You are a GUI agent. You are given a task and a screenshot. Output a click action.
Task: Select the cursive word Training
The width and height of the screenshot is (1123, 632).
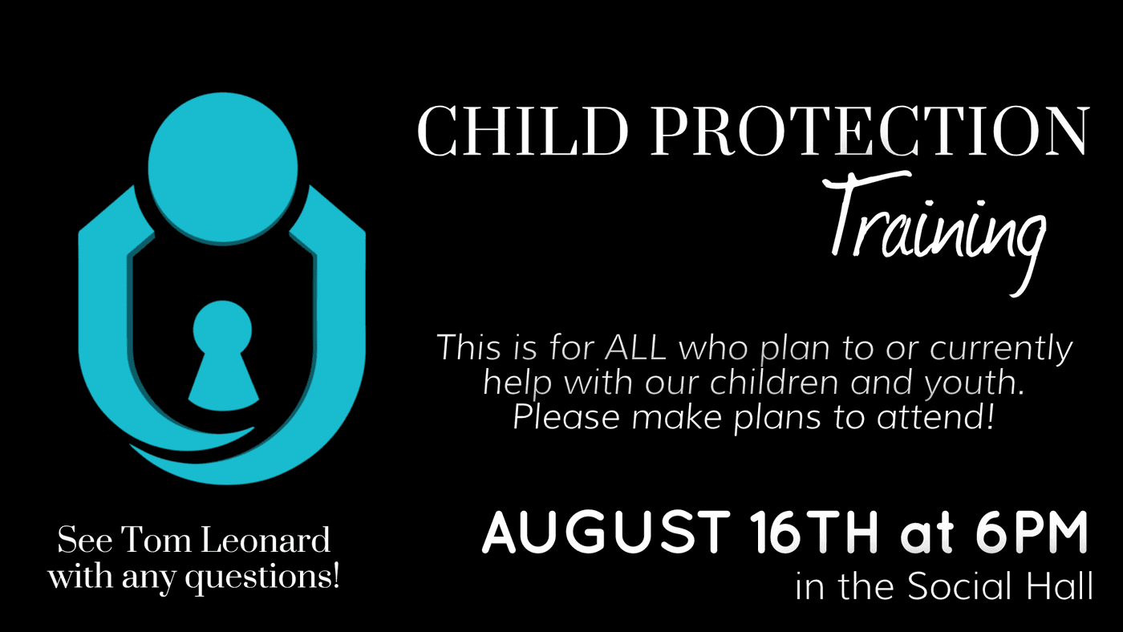[935, 233]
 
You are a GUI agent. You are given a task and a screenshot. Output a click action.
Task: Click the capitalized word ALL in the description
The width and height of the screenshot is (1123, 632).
[635, 346]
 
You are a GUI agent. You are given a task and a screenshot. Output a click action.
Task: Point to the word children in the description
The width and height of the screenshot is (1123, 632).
[775, 382]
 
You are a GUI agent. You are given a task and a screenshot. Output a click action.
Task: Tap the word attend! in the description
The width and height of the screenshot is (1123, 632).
[935, 417]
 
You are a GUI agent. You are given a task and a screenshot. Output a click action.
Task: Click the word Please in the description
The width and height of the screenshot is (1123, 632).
[566, 417]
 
